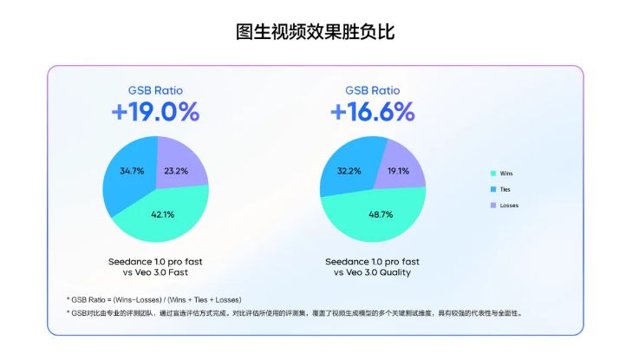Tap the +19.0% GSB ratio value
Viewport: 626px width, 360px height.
(155, 113)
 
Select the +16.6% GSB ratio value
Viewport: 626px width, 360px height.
(373, 113)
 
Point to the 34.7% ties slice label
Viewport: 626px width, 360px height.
(133, 171)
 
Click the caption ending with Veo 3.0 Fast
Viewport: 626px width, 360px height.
(156, 266)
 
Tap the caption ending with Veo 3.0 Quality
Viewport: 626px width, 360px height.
(373, 266)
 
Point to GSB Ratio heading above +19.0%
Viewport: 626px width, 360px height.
(155, 89)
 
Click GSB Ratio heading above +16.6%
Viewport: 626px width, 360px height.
(373, 89)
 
